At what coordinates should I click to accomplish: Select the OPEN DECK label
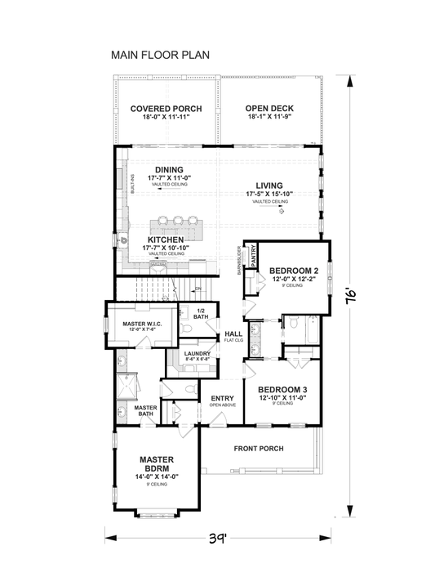(270, 109)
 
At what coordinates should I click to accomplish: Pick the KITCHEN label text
(166, 239)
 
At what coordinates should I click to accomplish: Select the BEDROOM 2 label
(293, 271)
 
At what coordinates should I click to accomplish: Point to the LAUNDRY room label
(198, 353)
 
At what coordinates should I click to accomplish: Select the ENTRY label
(222, 398)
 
